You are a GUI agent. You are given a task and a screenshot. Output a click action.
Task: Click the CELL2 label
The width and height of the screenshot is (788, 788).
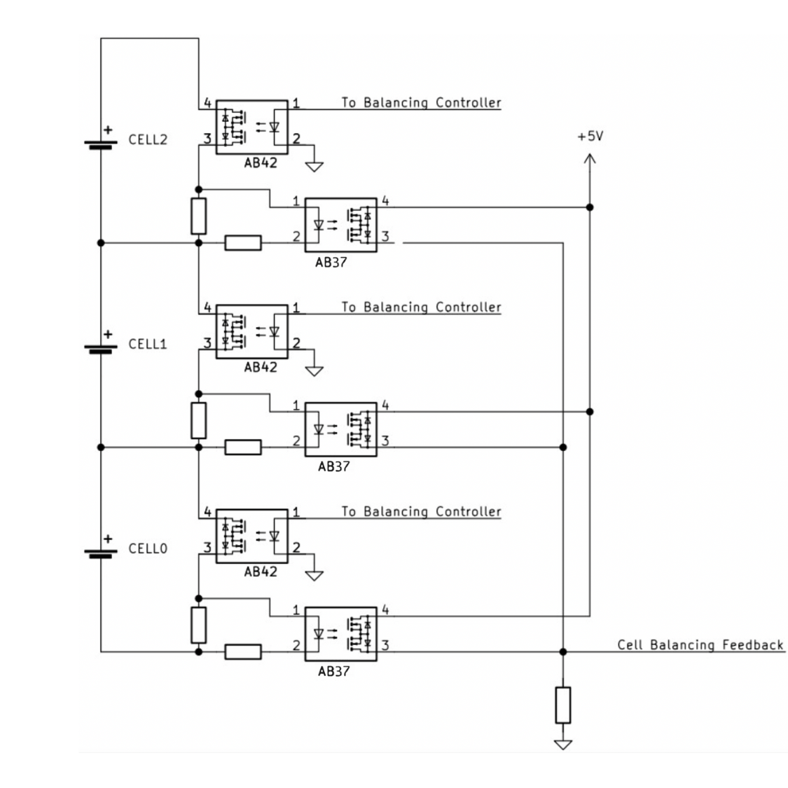tap(148, 139)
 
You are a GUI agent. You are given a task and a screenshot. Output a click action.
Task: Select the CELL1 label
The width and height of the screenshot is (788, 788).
tap(148, 344)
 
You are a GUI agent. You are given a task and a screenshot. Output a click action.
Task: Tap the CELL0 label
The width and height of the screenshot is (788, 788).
tap(148, 548)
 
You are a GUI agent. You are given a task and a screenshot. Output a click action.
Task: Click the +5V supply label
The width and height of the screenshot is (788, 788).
tap(590, 136)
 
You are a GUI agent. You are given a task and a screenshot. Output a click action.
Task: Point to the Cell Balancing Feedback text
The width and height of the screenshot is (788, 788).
tap(700, 644)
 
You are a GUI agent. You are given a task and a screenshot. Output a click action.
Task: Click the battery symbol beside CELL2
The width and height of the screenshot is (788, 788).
tap(101, 143)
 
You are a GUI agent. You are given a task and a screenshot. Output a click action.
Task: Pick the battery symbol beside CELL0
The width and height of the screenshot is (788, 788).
tap(101, 552)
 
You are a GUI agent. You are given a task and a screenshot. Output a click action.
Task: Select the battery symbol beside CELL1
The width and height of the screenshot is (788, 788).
tap(101, 347)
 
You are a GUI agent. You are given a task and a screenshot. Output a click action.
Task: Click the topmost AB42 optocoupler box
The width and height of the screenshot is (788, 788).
tap(252, 127)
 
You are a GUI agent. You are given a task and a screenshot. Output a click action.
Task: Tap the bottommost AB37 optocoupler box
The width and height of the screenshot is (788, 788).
tap(341, 634)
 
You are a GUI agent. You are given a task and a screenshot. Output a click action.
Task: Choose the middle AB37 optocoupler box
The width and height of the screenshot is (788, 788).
tap(341, 429)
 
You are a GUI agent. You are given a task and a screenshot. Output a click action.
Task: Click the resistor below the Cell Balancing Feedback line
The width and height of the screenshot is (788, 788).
tap(562, 705)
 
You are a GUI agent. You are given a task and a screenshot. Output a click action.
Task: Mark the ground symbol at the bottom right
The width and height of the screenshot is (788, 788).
tap(562, 744)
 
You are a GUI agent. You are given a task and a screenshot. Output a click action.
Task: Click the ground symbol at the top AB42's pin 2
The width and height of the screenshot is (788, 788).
tap(315, 166)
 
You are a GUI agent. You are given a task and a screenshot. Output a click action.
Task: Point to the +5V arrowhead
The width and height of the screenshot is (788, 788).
tap(590, 160)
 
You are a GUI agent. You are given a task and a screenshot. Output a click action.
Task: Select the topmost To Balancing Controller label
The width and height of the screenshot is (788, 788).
tap(421, 102)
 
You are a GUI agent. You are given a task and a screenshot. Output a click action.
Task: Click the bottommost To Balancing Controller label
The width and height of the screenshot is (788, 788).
tap(421, 511)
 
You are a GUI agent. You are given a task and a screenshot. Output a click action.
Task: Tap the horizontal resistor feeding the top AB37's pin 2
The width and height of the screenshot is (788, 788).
tap(243, 243)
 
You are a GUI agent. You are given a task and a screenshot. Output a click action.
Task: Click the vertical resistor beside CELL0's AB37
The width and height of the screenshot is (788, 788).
tap(199, 625)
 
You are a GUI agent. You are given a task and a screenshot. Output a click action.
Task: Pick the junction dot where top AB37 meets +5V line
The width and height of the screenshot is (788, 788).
tap(590, 207)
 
